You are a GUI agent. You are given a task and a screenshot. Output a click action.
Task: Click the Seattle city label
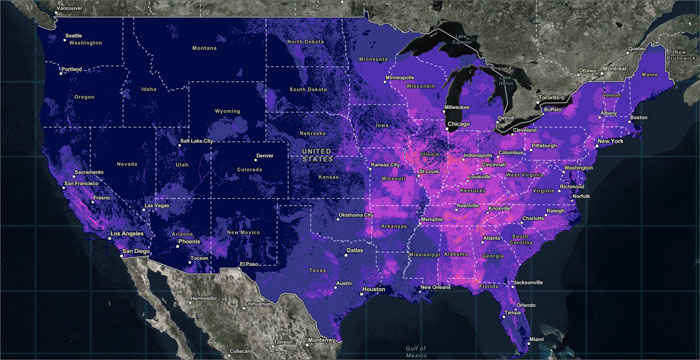click(x=73, y=37)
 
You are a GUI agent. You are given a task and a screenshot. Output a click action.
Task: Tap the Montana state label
click(x=204, y=48)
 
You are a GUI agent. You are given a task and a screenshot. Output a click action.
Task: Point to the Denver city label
click(x=264, y=156)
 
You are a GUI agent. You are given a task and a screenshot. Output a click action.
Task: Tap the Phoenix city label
click(x=189, y=241)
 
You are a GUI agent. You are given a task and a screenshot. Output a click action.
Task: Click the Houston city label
click(x=373, y=290)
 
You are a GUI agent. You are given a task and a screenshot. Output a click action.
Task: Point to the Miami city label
click(x=537, y=326)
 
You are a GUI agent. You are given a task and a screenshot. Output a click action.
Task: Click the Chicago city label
click(x=459, y=124)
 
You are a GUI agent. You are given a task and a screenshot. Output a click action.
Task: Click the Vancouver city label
click(x=70, y=7)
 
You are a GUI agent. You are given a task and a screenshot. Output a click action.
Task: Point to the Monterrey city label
click(x=320, y=340)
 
